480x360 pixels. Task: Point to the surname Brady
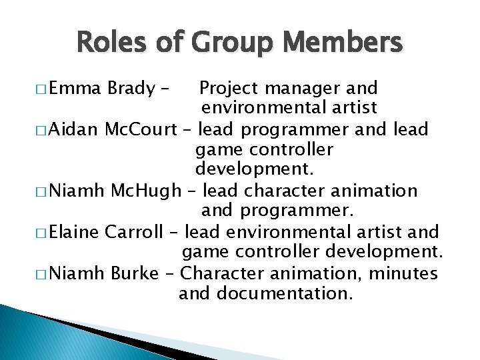click(x=131, y=88)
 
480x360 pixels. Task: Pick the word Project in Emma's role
click(x=229, y=88)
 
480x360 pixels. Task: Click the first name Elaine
click(x=74, y=232)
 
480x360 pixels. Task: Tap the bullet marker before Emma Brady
click(x=42, y=89)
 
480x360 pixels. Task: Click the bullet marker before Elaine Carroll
click(x=42, y=233)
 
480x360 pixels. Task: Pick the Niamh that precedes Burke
click(x=77, y=273)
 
